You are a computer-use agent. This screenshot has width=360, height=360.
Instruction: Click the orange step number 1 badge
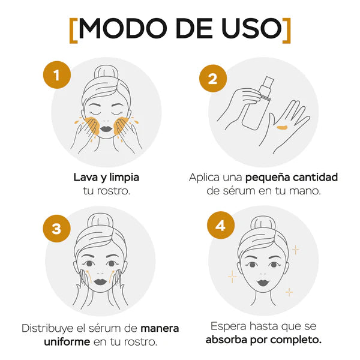(x=57, y=75)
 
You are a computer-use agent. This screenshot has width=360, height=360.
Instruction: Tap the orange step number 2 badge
(x=213, y=79)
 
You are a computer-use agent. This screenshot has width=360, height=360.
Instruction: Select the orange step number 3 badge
(x=57, y=229)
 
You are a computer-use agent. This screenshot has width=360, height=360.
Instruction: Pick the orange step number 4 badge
(x=221, y=225)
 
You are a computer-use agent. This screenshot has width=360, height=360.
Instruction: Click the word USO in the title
(x=251, y=28)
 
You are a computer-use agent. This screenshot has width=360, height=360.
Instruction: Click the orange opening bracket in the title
(x=73, y=31)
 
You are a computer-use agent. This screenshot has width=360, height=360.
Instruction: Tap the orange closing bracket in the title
(x=287, y=31)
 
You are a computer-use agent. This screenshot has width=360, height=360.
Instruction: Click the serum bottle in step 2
(x=257, y=103)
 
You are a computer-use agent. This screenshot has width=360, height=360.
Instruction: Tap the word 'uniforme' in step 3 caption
(x=67, y=342)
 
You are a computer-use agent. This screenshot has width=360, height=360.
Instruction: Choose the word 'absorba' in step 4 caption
(x=226, y=340)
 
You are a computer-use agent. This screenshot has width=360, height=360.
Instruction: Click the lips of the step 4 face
(x=263, y=282)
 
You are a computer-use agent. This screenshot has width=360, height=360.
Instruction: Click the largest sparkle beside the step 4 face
(x=232, y=277)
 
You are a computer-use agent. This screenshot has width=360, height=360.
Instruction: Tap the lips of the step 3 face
(x=100, y=282)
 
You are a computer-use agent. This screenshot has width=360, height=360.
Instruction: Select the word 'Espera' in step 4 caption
(x=229, y=327)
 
